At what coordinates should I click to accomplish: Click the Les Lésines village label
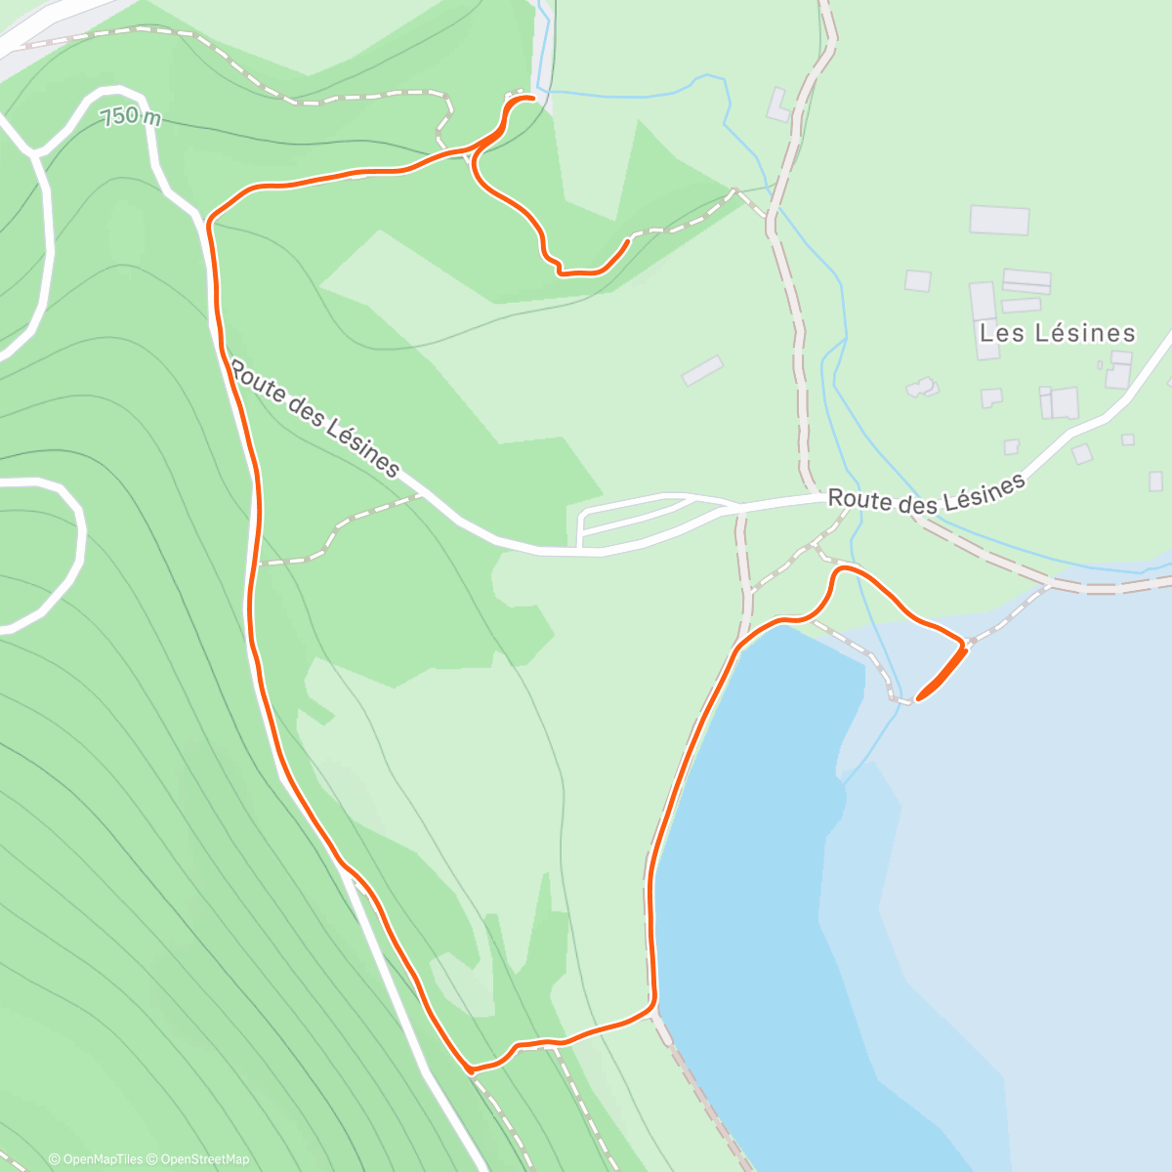point(1058,333)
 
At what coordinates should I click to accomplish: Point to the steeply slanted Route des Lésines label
point(314,418)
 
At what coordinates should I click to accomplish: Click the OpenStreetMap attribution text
point(205,1159)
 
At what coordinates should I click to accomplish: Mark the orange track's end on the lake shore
point(919,697)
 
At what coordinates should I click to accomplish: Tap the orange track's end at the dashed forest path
point(625,240)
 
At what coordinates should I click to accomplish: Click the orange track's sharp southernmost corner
point(471,1070)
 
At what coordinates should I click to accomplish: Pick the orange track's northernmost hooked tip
point(532,98)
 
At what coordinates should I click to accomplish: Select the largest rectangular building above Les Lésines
point(999,220)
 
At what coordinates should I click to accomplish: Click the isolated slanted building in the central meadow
point(702,371)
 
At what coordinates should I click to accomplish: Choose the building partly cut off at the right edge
point(1157,481)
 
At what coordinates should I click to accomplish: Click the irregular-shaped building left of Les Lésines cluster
point(922,388)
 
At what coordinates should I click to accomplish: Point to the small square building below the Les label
point(991,398)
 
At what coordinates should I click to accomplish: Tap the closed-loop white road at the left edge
point(39,552)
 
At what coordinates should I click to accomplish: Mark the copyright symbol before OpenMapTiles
point(55,1159)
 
